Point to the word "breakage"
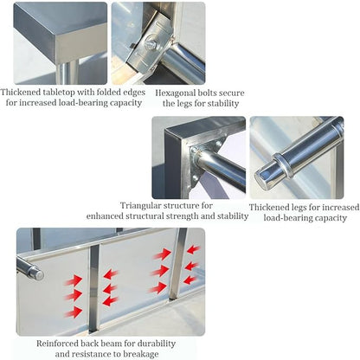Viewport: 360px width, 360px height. (141, 354)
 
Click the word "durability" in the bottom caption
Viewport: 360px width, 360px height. (157, 344)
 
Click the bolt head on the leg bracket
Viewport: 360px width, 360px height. (150, 42)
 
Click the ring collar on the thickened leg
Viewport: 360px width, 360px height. (283, 165)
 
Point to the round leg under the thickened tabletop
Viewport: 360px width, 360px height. (67, 72)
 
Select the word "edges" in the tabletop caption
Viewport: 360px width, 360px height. (133, 93)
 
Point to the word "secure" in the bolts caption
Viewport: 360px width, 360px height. (230, 93)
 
